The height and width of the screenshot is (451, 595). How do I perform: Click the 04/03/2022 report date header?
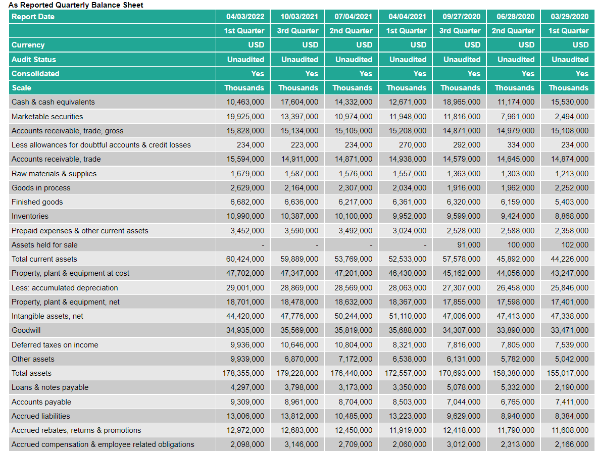pos(245,17)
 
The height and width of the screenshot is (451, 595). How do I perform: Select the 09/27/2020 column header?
pos(462,17)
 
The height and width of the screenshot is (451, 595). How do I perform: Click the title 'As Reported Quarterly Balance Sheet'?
pos(76,5)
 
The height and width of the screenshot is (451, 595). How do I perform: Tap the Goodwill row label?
pos(26,330)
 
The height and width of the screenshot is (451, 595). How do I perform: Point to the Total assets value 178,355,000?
pos(243,373)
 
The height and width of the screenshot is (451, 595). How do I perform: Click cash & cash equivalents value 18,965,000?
pos(462,102)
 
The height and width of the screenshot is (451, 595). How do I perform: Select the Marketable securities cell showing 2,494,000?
pos(570,117)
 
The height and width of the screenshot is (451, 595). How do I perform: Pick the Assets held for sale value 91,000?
pos(469,245)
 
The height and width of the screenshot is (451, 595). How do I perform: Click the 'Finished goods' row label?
pos(37,202)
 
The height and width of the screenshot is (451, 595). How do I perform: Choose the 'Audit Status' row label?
pos(34,60)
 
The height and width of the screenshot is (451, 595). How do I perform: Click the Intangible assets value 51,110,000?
pos(408,316)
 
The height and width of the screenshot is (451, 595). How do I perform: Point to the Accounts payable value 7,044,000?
pos(464,402)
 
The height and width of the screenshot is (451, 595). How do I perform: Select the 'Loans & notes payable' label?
pos(50,387)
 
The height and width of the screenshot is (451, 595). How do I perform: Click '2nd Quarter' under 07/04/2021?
pos(351,31)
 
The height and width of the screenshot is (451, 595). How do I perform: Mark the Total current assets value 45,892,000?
pos(516,259)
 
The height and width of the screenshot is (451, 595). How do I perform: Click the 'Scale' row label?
pos(21,88)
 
